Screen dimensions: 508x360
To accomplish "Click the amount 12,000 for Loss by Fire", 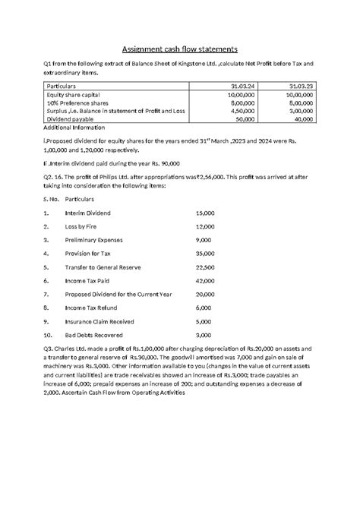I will (x=205, y=227).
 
